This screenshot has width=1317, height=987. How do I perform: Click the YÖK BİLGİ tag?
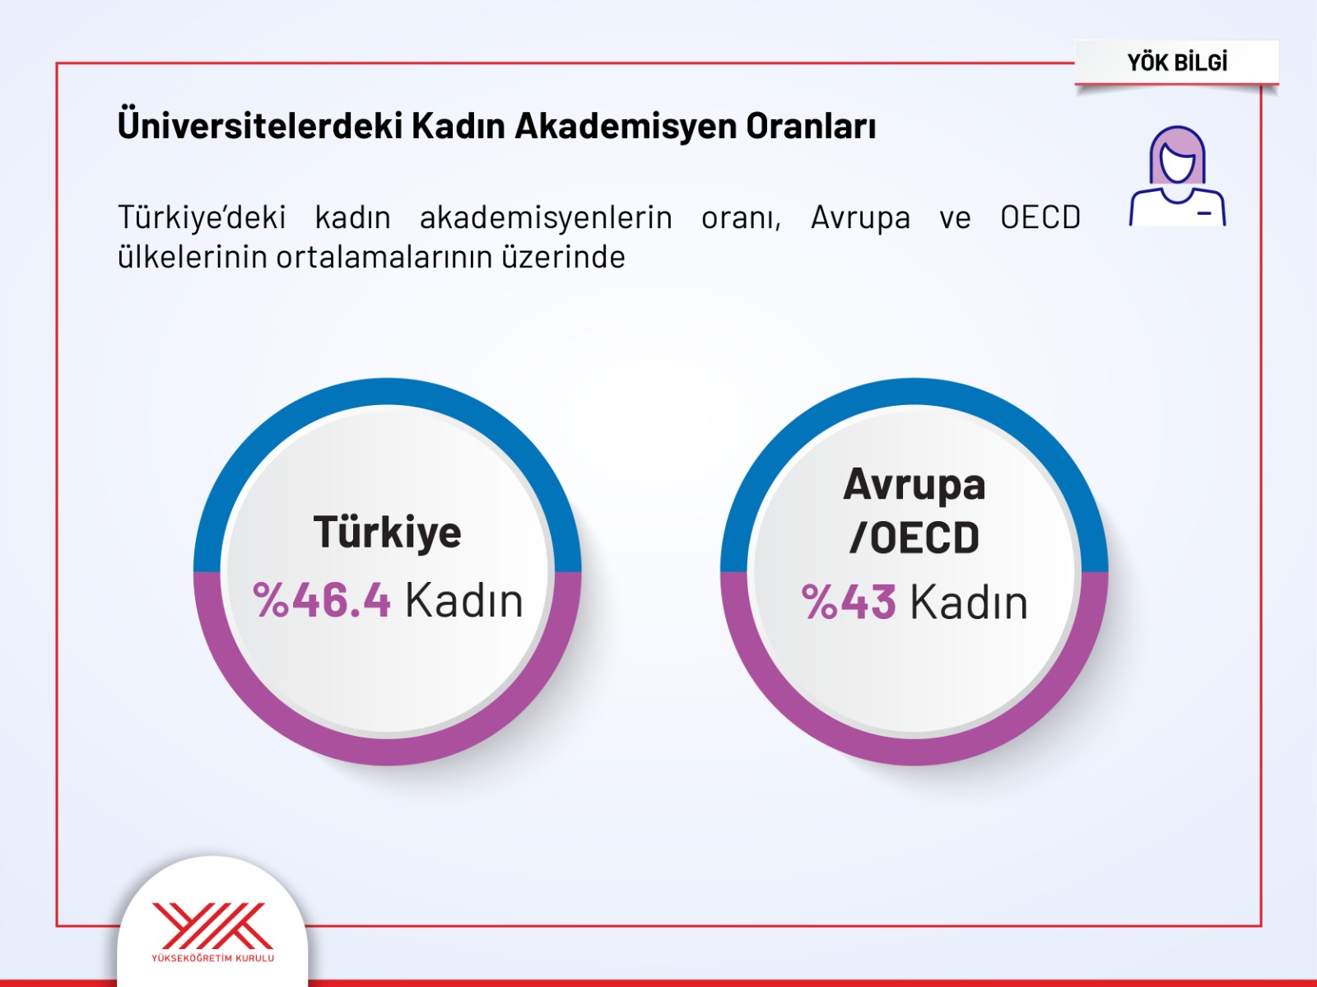coord(1176,63)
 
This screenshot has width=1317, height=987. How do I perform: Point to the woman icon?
coord(1177,175)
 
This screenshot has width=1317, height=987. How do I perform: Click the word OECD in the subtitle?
coord(1040,216)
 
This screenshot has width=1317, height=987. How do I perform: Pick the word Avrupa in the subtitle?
coord(860,218)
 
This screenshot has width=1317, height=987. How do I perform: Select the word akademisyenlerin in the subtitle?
coord(546,218)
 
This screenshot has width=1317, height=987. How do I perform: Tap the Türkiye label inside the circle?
coord(387,533)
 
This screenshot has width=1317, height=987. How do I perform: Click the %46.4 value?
coord(322,599)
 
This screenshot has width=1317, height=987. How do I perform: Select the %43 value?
coord(849,602)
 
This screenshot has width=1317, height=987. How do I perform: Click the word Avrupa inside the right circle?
coord(914,486)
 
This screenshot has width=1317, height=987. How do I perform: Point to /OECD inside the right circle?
coord(914,538)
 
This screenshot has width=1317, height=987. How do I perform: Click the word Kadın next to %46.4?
coord(463,599)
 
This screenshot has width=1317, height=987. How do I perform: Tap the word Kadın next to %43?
coord(969,602)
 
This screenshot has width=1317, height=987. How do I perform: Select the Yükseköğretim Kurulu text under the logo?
coord(212,958)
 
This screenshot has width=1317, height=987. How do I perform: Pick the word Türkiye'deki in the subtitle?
coord(202,218)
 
